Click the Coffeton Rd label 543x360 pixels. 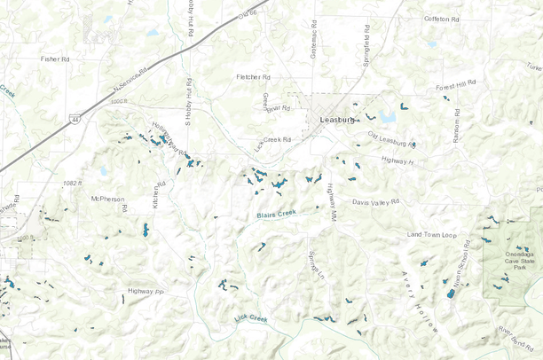click(444, 19)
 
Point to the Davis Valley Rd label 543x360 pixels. click(375, 202)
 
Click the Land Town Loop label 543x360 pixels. click(431, 234)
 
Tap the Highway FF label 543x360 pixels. click(146, 291)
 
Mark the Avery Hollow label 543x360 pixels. click(420, 301)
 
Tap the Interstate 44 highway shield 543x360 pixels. click(75, 117)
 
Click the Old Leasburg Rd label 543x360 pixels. click(391, 139)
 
